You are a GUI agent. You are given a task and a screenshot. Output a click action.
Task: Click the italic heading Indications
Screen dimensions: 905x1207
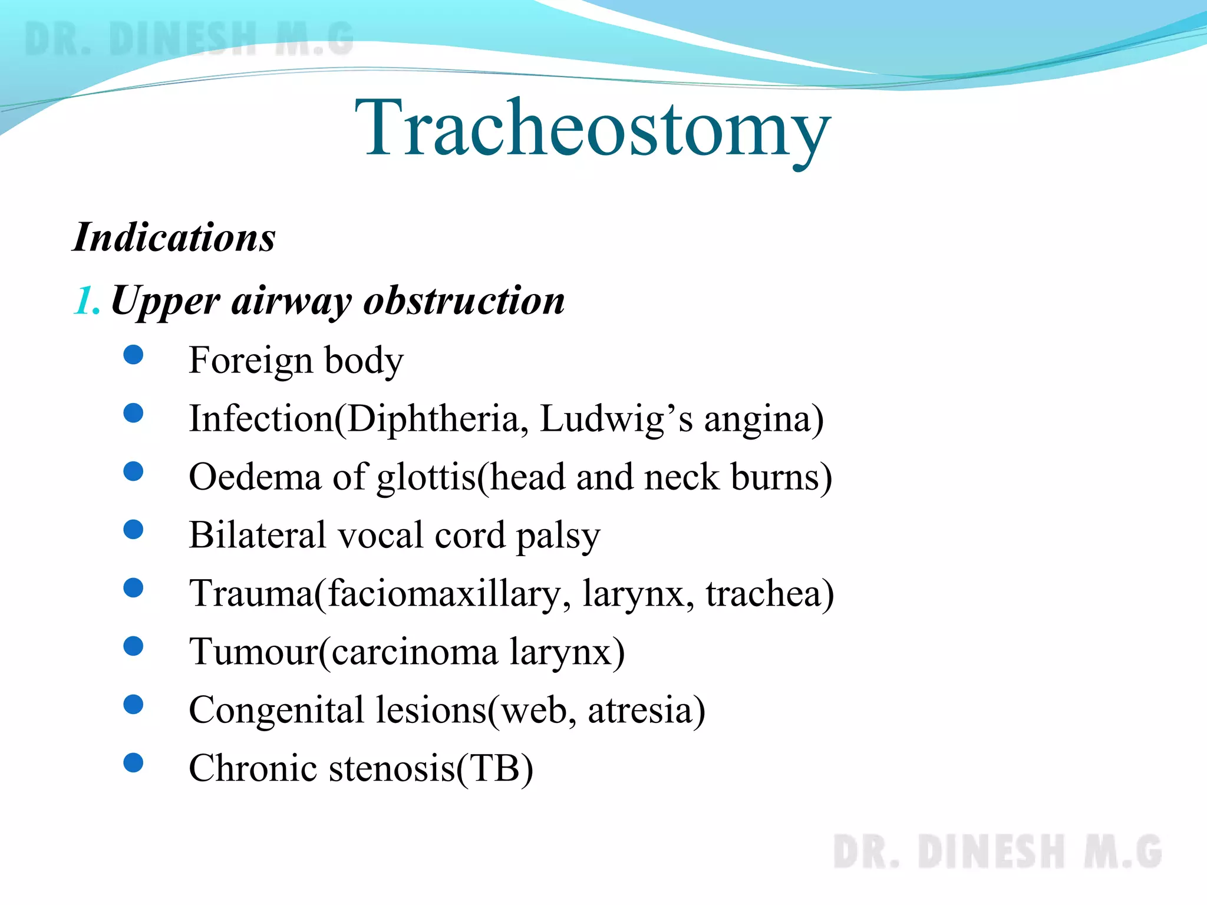[174, 237]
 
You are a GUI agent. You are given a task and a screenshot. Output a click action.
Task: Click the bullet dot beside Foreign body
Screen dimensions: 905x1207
[134, 355]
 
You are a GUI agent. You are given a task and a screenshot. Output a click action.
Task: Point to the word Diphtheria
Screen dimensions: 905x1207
[433, 419]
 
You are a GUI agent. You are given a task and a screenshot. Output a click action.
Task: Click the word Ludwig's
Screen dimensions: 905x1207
[616, 419]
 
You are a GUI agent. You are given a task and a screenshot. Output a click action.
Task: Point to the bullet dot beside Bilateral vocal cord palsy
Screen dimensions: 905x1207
[134, 530]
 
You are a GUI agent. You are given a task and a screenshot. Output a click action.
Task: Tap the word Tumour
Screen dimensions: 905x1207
[253, 652]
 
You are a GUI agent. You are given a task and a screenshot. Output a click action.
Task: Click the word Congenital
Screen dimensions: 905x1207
[276, 710]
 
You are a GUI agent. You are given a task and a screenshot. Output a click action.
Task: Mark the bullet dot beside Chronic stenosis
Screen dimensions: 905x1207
[134, 763]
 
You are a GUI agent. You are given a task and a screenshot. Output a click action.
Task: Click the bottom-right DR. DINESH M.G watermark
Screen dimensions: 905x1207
[997, 852]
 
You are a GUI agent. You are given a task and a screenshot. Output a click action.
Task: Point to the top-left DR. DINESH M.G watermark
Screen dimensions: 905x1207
[189, 39]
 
